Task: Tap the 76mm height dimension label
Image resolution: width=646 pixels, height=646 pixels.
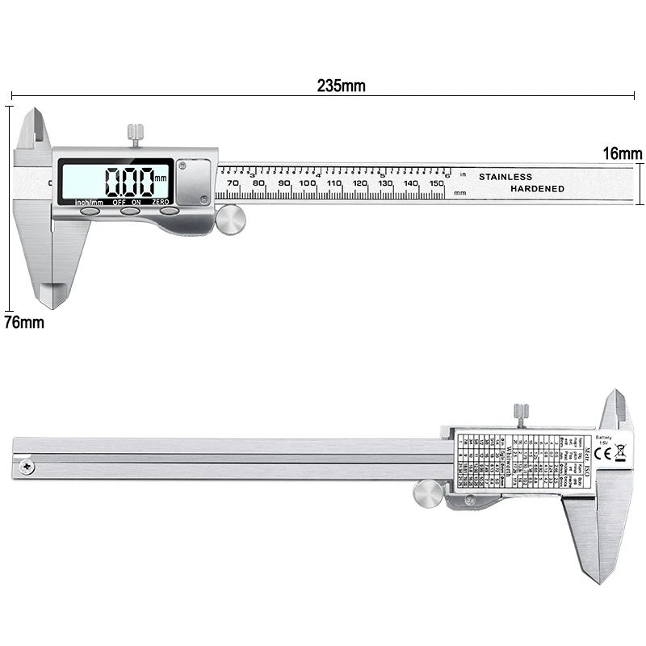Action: pos(23,322)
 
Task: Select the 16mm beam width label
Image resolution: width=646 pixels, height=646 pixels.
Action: pos(622,153)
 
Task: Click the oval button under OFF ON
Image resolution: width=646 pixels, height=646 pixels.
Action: pos(130,212)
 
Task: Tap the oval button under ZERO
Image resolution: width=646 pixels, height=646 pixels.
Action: pos(170,212)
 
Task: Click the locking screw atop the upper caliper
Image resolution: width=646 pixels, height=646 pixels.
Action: pos(134,133)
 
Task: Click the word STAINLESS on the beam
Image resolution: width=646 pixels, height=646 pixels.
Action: pos(505,177)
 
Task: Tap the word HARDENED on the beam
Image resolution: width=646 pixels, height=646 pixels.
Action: pos(537,189)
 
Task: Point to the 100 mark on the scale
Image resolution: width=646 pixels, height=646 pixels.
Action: pos(308,184)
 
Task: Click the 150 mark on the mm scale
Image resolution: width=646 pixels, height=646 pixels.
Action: pos(436,184)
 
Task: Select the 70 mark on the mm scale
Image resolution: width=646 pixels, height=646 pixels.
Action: pos(233,184)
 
